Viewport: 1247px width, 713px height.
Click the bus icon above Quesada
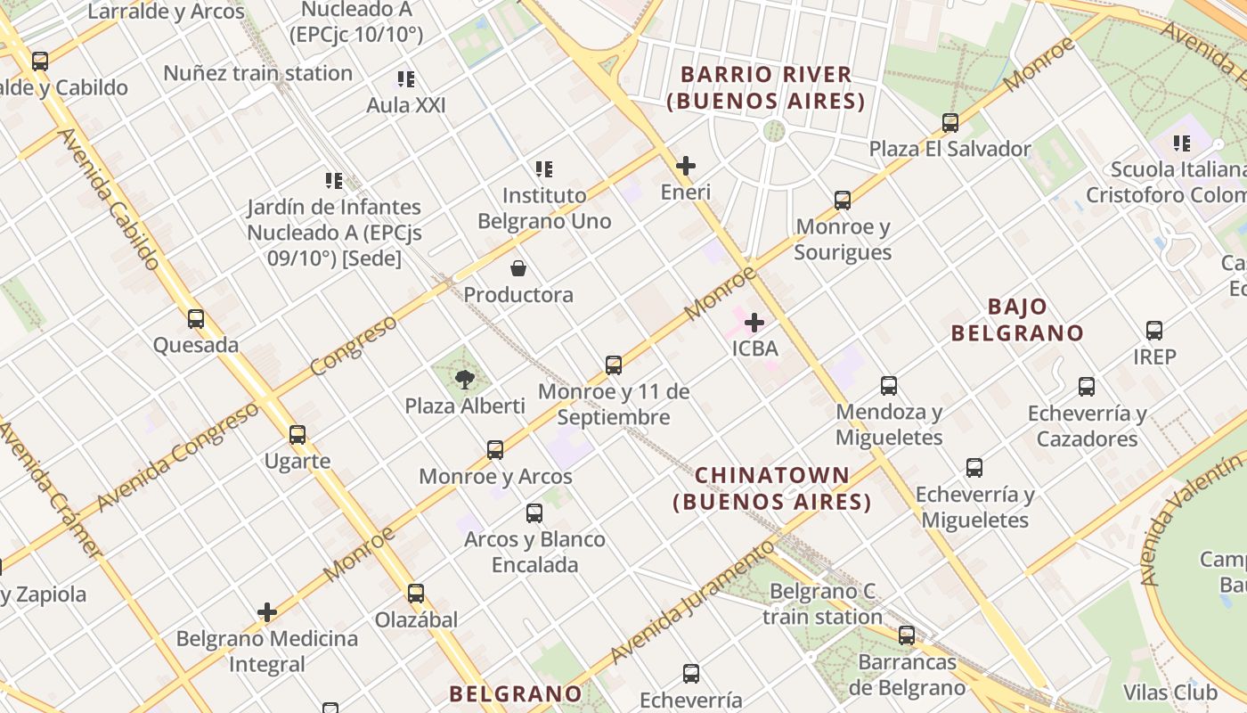(x=196, y=318)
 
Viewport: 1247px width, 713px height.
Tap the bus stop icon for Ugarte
(x=297, y=435)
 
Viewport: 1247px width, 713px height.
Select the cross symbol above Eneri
(x=686, y=166)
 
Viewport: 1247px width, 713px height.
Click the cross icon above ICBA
(x=754, y=322)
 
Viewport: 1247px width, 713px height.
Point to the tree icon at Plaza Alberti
(x=464, y=380)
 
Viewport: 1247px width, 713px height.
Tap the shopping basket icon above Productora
(x=518, y=268)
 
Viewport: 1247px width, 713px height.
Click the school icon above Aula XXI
(x=406, y=79)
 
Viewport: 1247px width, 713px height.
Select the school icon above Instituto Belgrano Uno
(x=543, y=168)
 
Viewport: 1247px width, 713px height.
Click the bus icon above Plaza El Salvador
(x=950, y=123)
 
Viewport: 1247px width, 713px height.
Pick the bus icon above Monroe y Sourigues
(x=843, y=201)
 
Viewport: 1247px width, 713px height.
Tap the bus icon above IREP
(x=1154, y=331)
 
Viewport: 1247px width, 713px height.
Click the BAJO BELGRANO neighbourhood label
(x=1017, y=320)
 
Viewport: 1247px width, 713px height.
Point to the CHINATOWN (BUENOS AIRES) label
(x=772, y=488)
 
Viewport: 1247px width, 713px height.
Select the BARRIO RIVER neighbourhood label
(x=767, y=87)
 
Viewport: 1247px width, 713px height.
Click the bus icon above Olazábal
(x=416, y=594)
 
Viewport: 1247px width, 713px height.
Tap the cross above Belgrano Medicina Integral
(x=267, y=612)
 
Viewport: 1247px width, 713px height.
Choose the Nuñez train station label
(x=258, y=73)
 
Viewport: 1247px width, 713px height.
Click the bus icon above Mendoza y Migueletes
(x=889, y=386)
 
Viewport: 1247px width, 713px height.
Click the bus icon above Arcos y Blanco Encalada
(x=534, y=513)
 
